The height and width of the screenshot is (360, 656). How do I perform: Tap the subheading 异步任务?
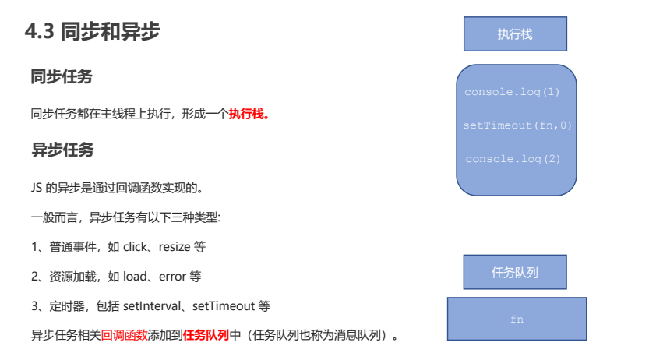[62, 150]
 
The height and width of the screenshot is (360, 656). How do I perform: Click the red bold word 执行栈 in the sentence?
[246, 114]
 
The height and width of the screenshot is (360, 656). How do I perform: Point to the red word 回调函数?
[125, 336]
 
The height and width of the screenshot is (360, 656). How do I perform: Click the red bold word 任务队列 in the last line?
[206, 336]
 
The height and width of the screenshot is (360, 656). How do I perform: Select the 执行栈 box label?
[515, 34]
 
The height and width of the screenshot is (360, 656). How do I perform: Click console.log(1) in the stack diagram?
[512, 92]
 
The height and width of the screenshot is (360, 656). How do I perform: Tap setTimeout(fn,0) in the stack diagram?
[517, 125]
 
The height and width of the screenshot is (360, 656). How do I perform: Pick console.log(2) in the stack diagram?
[513, 158]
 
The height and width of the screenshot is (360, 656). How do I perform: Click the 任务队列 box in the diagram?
[515, 273]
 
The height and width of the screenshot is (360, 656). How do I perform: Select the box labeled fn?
[517, 319]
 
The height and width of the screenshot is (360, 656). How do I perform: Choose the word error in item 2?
[172, 277]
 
